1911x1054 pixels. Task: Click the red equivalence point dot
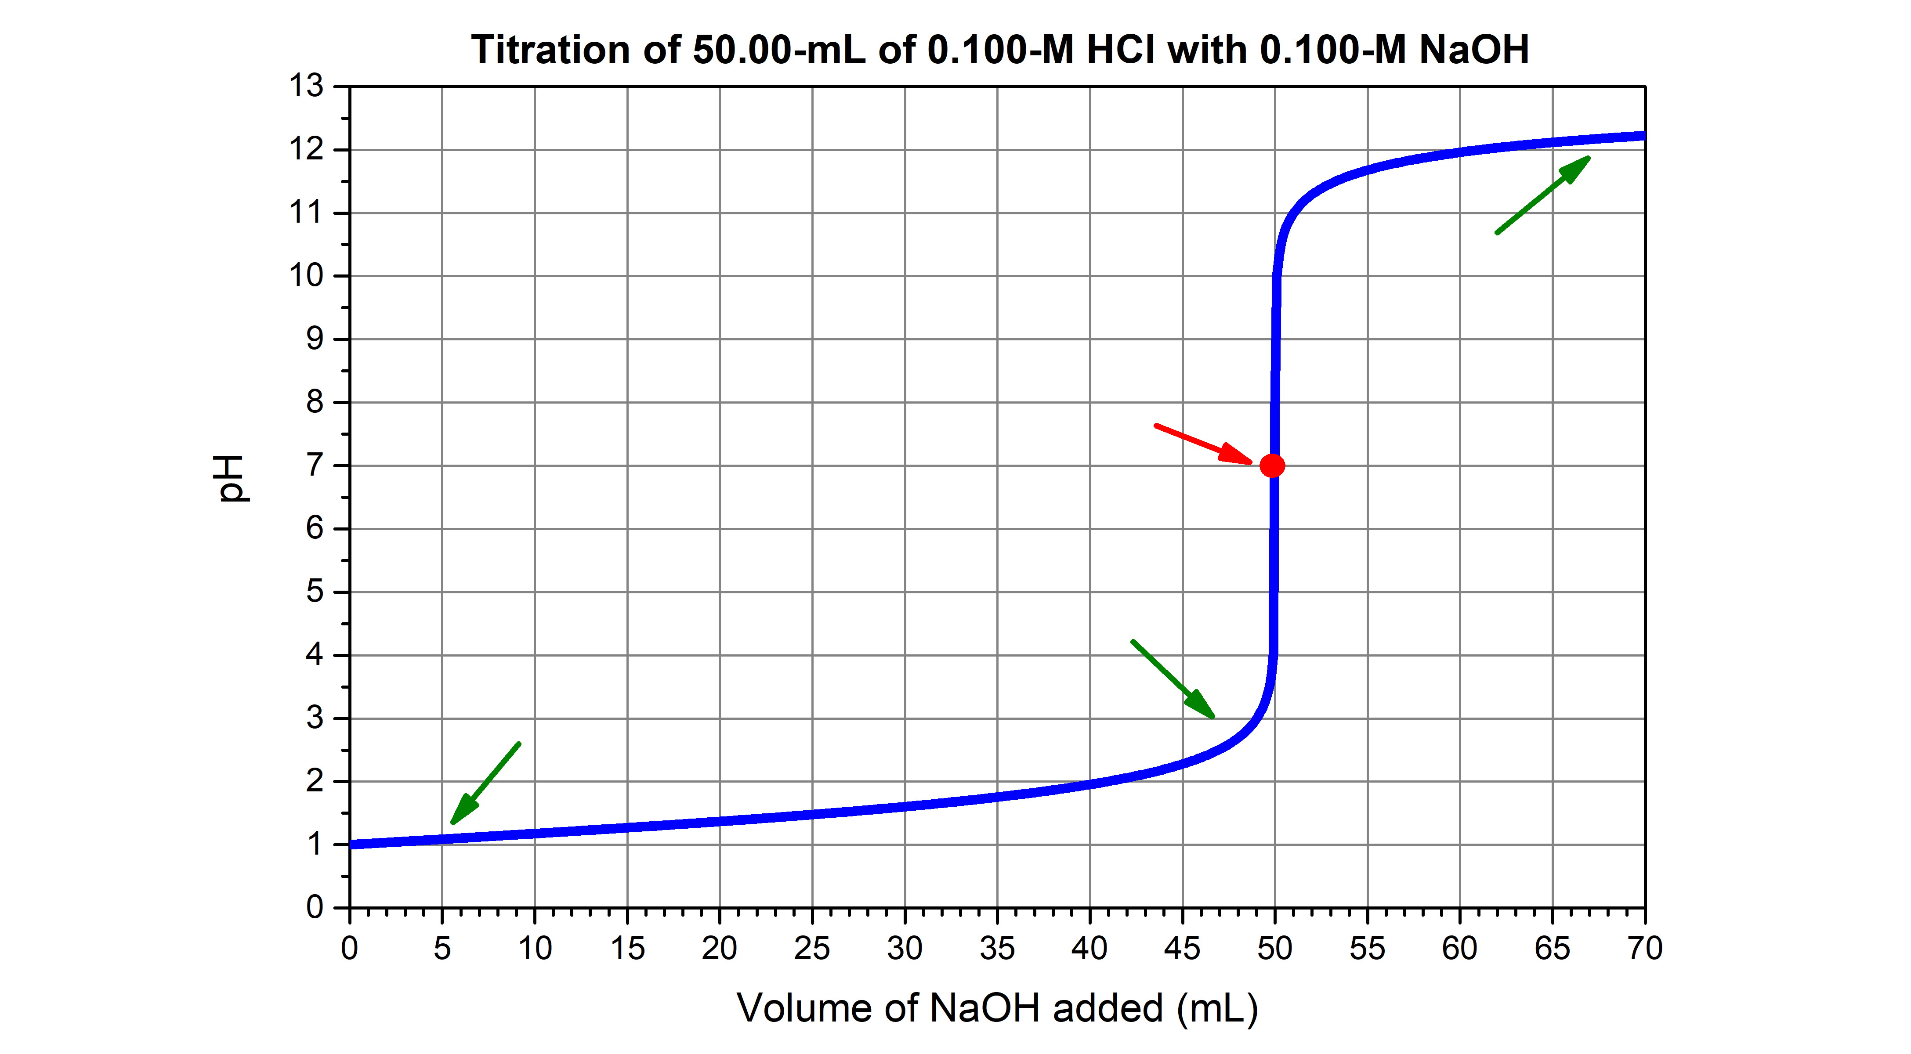click(1272, 466)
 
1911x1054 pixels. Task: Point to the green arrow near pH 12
click(1543, 195)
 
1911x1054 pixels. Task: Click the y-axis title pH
click(232, 478)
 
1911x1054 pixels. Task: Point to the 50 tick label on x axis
click(1274, 949)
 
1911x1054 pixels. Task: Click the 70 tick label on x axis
click(1645, 949)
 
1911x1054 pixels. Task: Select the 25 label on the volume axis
click(811, 949)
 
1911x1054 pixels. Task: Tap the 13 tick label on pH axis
click(306, 86)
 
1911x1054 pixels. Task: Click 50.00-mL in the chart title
click(779, 51)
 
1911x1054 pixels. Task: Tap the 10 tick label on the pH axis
click(306, 276)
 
